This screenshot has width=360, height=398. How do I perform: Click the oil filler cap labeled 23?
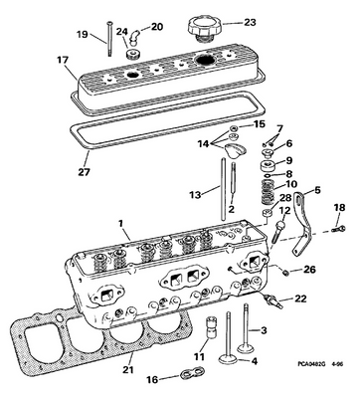[x=203, y=29]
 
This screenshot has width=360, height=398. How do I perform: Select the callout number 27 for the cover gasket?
[x=85, y=172]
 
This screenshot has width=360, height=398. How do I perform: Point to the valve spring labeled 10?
[x=268, y=192]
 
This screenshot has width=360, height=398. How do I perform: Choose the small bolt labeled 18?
[x=338, y=229]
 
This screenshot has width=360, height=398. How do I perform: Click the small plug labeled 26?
[x=284, y=273]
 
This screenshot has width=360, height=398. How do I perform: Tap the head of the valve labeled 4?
[x=228, y=359]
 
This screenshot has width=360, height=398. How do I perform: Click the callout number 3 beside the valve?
[x=264, y=330]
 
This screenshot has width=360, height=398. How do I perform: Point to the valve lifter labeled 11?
[x=211, y=326]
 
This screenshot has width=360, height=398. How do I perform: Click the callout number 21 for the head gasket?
[x=128, y=369]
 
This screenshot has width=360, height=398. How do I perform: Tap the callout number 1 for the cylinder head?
[x=121, y=223]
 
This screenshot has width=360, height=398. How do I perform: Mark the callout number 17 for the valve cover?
[x=63, y=60]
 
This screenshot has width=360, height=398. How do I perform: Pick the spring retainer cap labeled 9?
[x=269, y=164]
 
